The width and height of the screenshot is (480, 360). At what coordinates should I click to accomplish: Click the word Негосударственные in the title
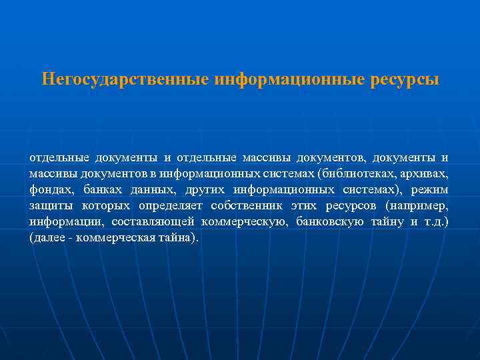pos(125,80)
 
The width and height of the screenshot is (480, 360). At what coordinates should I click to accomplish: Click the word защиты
pos(49,205)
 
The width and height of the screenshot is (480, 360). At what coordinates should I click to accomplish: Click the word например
pos(417,205)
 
